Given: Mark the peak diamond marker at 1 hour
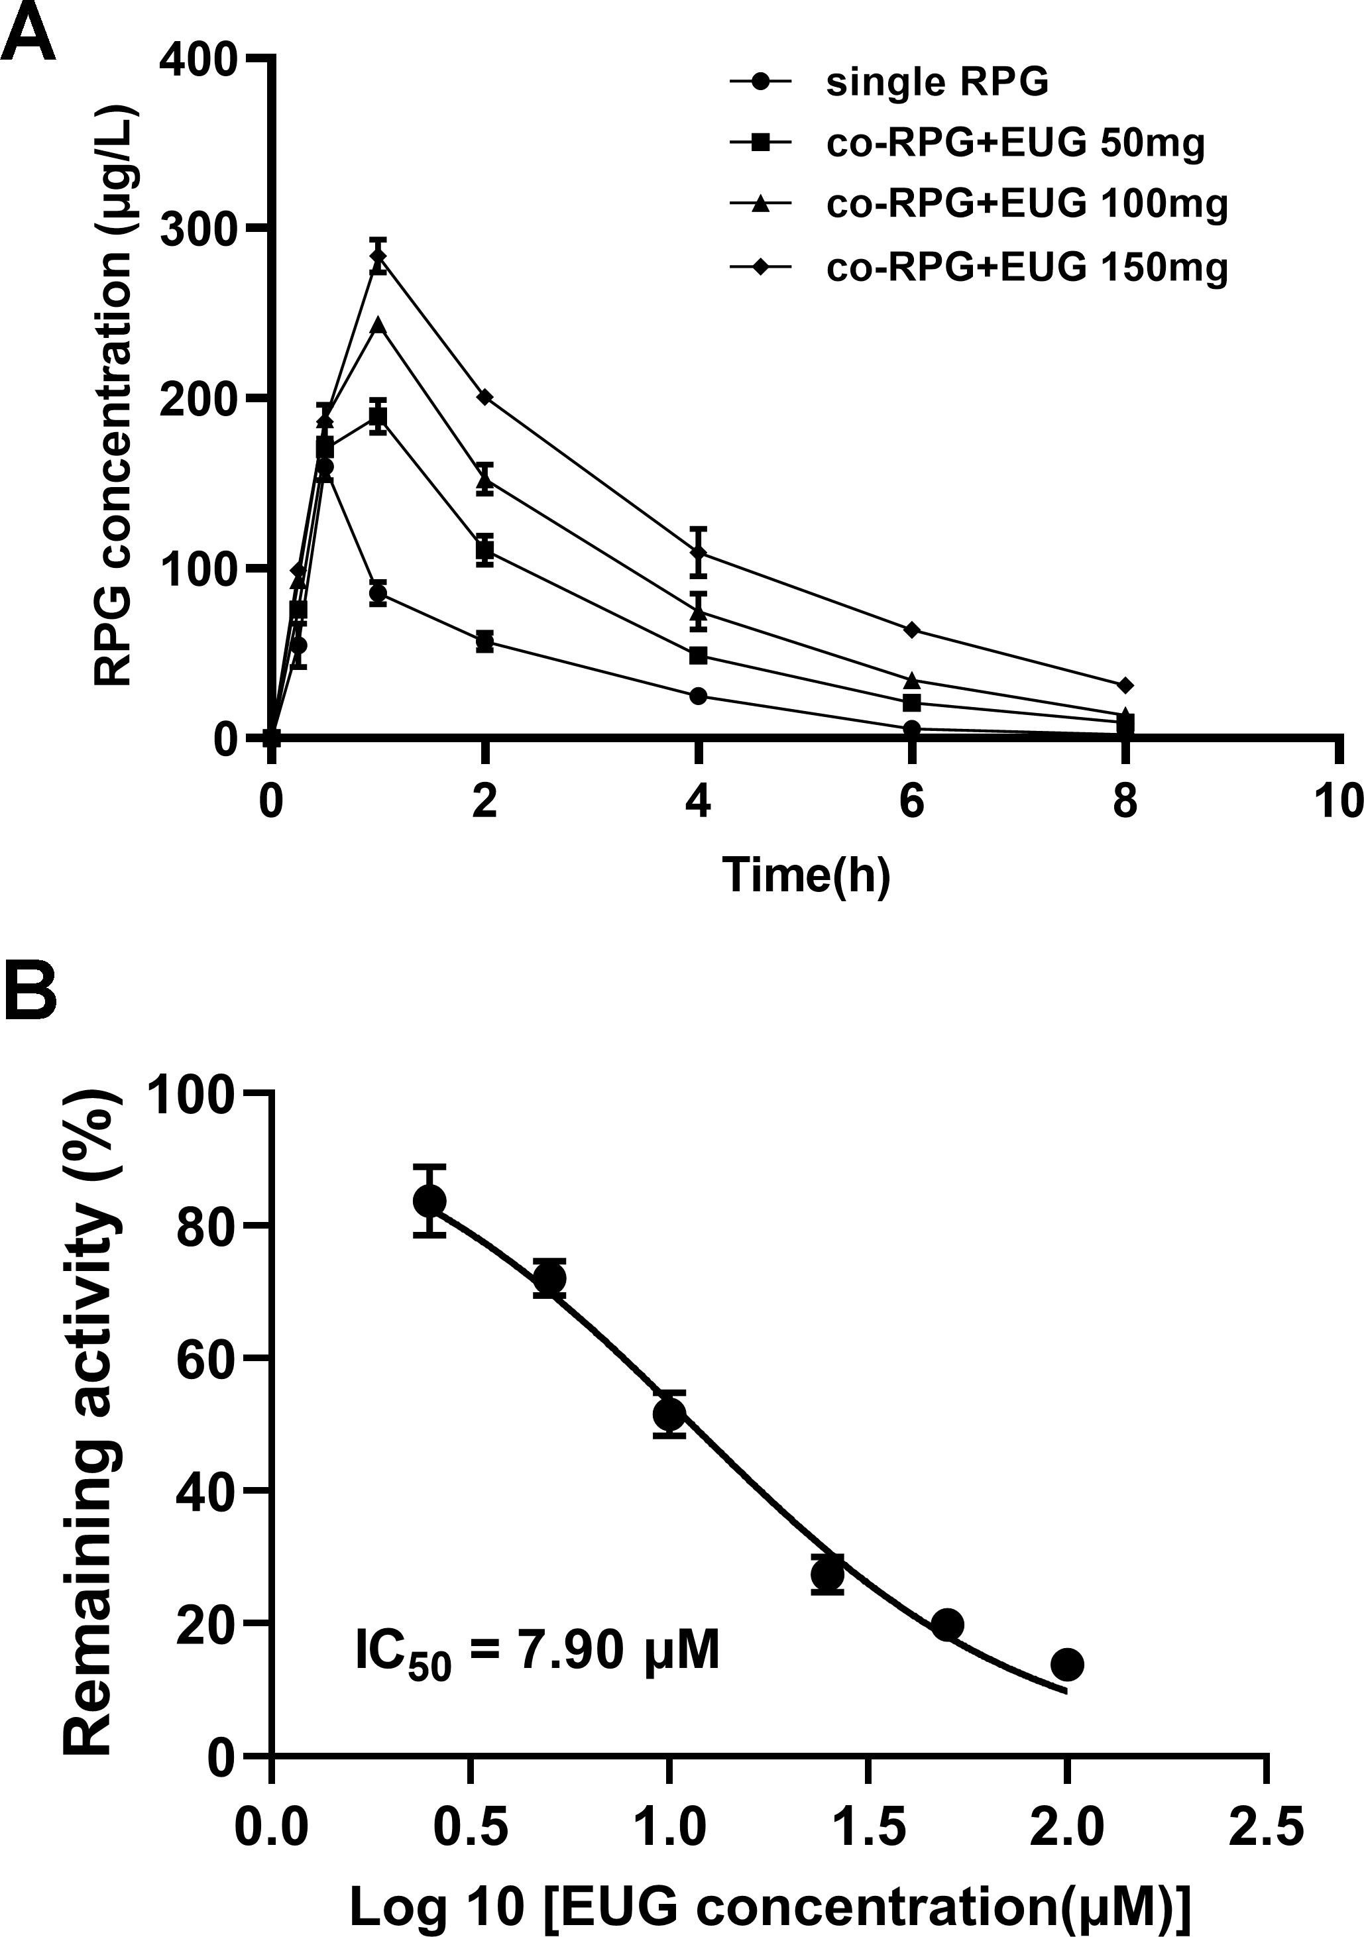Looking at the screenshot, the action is coord(378,256).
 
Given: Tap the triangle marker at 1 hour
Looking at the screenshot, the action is coord(378,325).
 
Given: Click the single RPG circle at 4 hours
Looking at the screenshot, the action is coord(699,696).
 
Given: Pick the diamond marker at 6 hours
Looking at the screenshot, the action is coord(912,630).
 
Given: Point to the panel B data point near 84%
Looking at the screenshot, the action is coord(429,1201).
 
